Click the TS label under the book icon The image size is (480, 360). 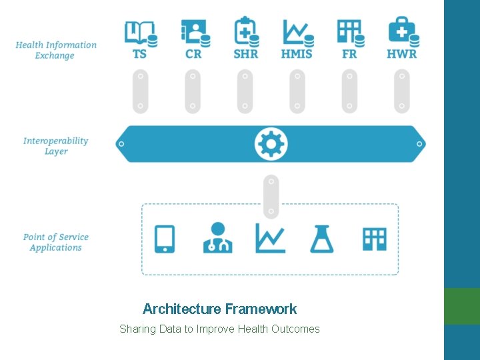[x=140, y=53]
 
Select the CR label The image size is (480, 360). [x=193, y=53]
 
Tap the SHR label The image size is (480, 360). [x=246, y=53]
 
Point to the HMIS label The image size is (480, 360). [x=297, y=53]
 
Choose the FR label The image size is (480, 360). [x=349, y=53]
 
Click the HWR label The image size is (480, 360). [x=402, y=53]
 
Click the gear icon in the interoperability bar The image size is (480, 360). [x=271, y=143]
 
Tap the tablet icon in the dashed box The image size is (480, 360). [x=165, y=239]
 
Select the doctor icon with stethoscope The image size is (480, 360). [x=217, y=238]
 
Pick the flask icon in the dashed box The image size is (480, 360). [x=321, y=238]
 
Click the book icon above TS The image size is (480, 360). [x=141, y=32]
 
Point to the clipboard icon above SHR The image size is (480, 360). [x=245, y=31]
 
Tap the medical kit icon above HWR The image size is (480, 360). [x=402, y=31]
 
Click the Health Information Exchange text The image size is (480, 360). [x=56, y=50]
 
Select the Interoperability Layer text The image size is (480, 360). [x=56, y=146]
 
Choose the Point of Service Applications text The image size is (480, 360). [x=56, y=242]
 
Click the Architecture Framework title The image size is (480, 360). [x=219, y=309]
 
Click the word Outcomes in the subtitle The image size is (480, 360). [x=295, y=329]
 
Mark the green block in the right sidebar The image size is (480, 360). [x=462, y=305]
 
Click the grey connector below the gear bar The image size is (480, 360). [x=271, y=196]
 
